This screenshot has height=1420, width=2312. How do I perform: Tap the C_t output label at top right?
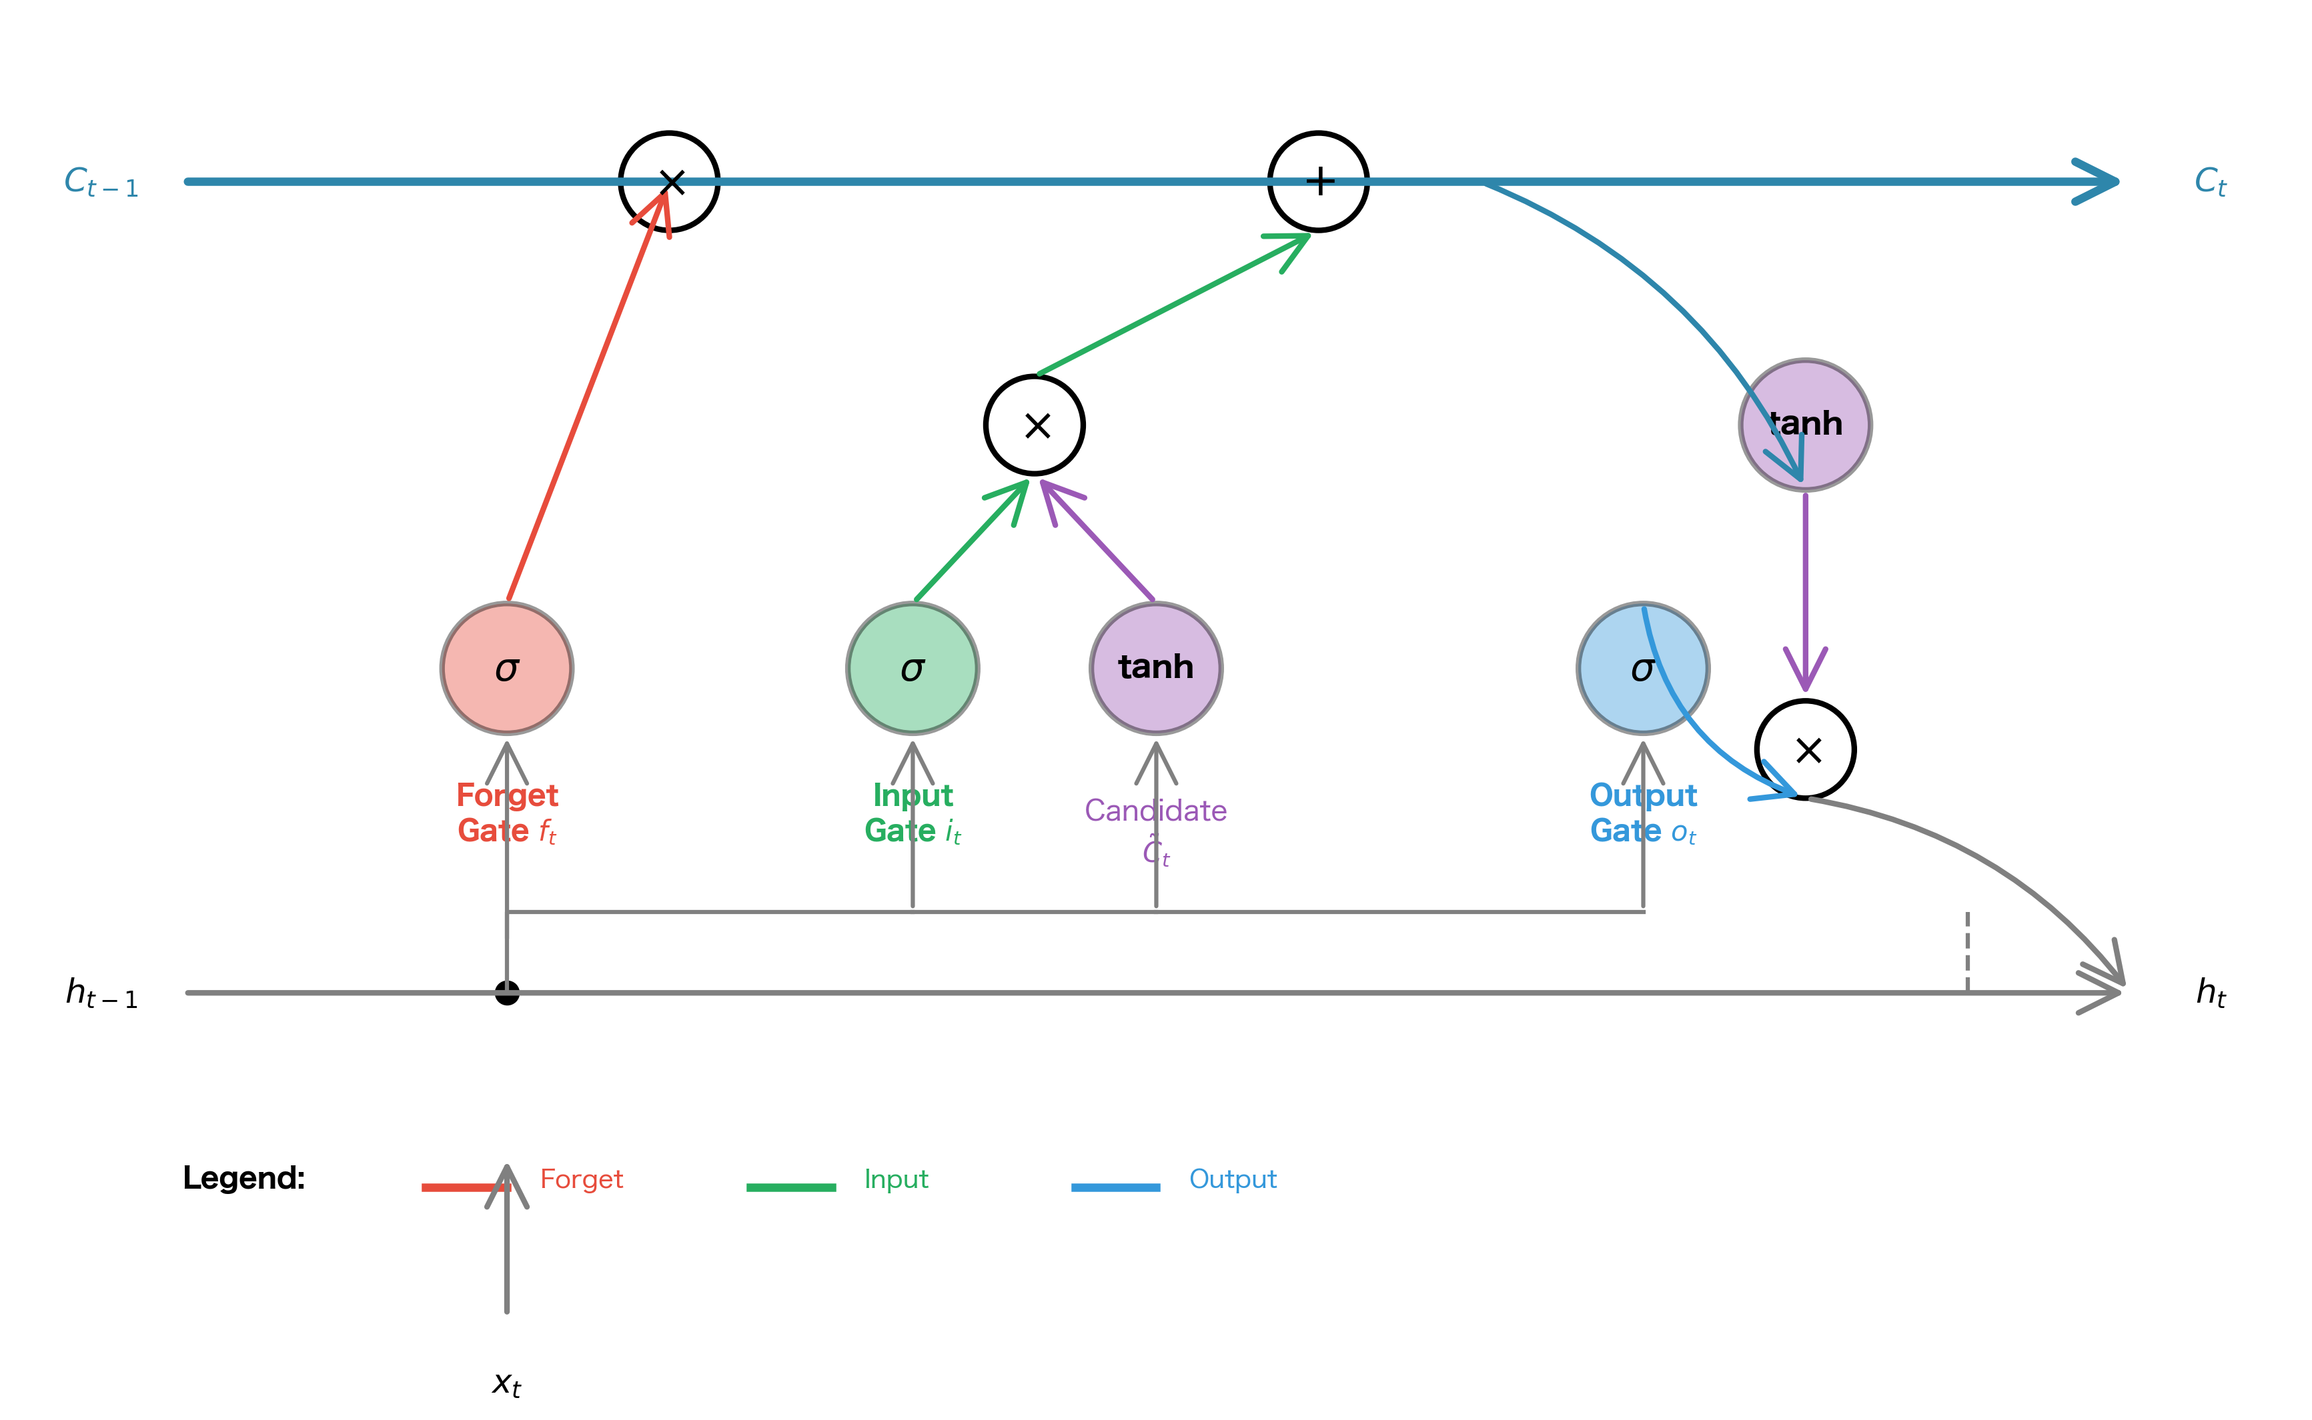point(2209,182)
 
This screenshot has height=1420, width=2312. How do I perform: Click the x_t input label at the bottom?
point(506,1383)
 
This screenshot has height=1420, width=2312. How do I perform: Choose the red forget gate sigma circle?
point(508,669)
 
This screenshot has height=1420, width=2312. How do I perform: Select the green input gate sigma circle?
point(913,669)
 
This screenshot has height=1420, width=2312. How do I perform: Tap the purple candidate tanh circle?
point(1155,669)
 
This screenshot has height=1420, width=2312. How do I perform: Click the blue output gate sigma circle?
point(1642,669)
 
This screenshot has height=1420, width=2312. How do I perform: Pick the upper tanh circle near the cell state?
point(1804,425)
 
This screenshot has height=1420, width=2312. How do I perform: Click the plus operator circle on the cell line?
point(1318,181)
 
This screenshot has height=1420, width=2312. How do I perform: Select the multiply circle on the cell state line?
point(669,181)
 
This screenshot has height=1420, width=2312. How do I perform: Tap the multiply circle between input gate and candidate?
point(1035,425)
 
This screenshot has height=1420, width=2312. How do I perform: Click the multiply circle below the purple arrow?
point(1804,749)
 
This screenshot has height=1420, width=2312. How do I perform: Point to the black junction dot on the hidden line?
point(508,993)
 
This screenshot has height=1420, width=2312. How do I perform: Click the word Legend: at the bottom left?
point(243,1178)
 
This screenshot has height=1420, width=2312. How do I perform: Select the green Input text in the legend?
point(895,1179)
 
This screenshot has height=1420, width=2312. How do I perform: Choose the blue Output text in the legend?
point(1233,1179)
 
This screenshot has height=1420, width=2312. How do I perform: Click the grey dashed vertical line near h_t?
point(1967,951)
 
